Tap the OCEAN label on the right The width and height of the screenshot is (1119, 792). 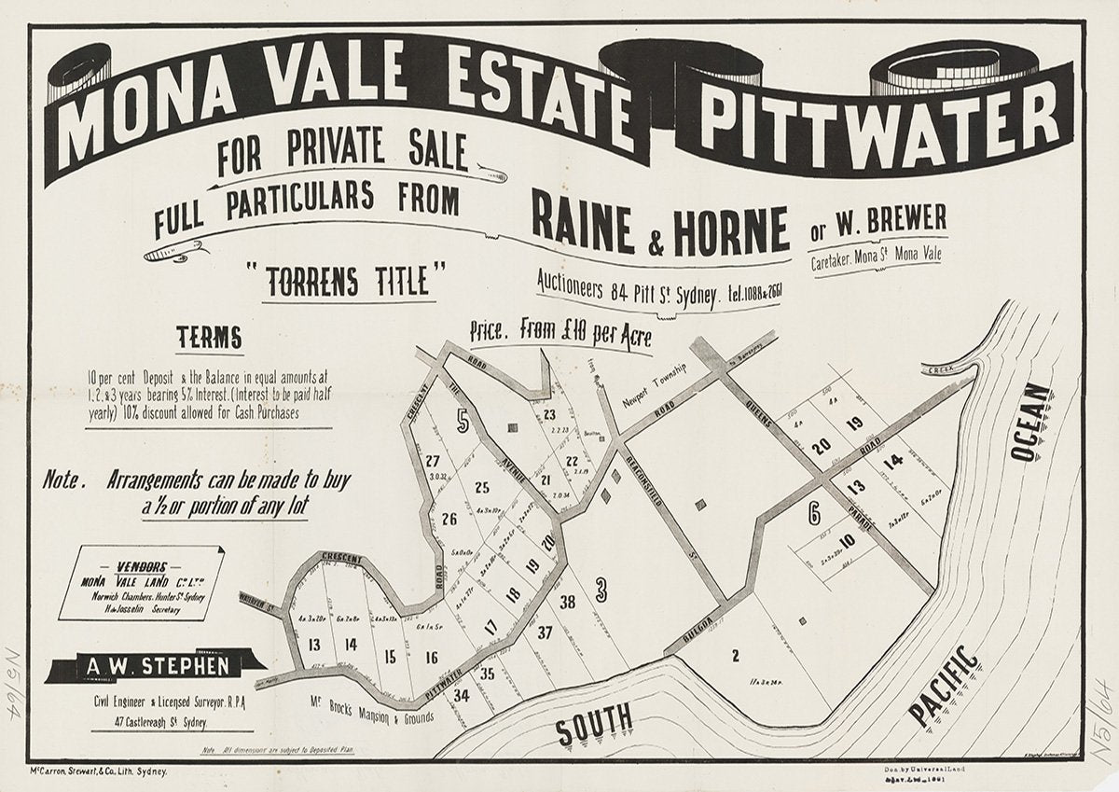[x=1032, y=422]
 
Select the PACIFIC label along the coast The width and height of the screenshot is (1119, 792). [x=944, y=686]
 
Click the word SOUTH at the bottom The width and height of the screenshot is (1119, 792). [x=595, y=723]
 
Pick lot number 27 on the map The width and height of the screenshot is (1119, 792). [x=431, y=461]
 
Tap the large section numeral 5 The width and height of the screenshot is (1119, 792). [x=463, y=421]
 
